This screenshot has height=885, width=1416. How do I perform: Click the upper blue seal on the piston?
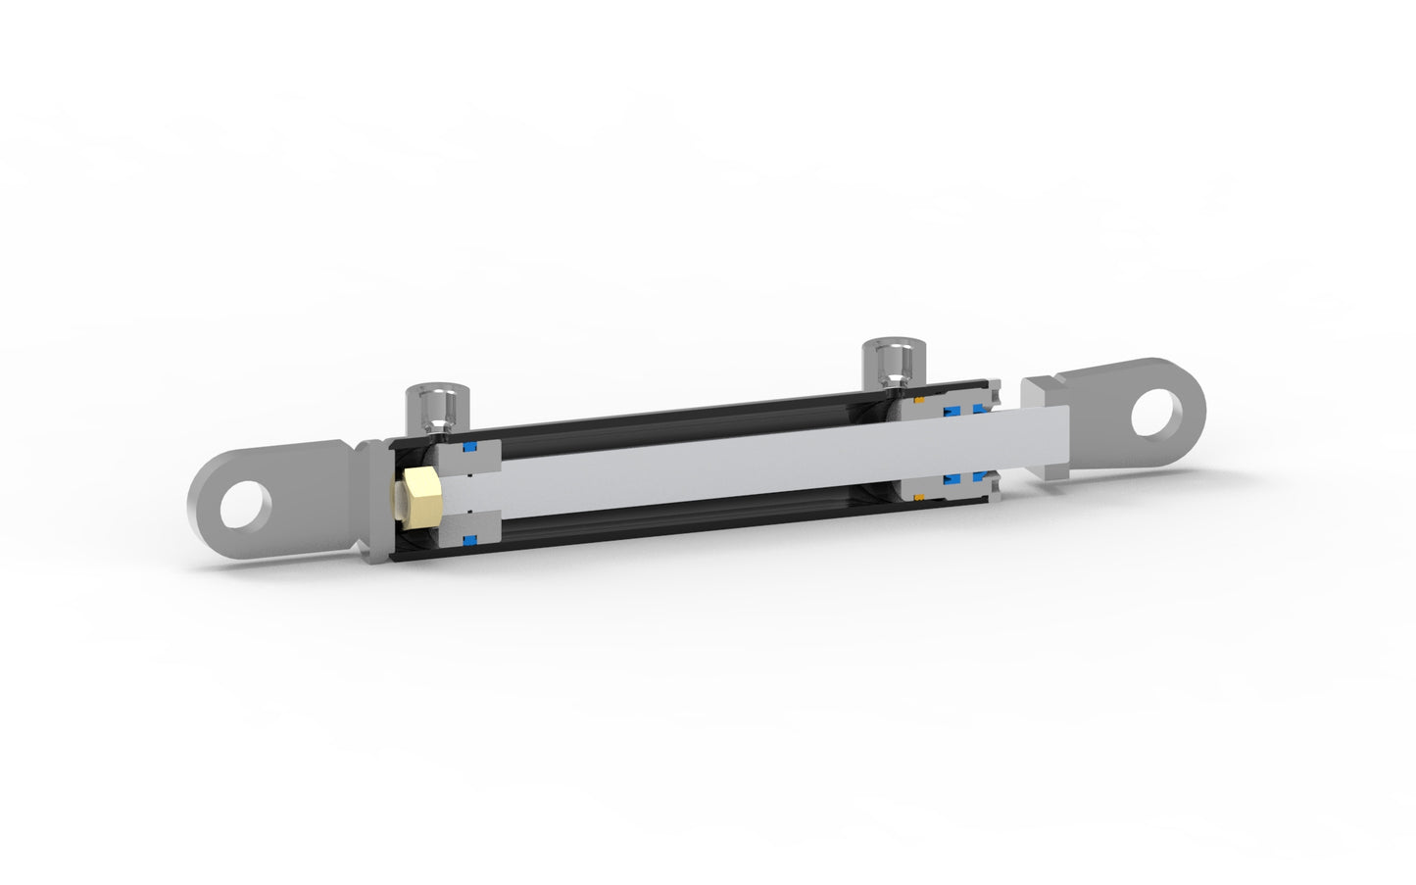click(x=470, y=448)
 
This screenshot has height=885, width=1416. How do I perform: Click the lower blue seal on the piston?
click(x=469, y=539)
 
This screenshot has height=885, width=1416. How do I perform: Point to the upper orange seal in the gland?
click(x=919, y=401)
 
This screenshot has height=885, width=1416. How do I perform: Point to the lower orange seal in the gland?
click(x=919, y=496)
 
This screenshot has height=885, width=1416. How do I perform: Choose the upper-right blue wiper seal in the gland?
click(x=981, y=409)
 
